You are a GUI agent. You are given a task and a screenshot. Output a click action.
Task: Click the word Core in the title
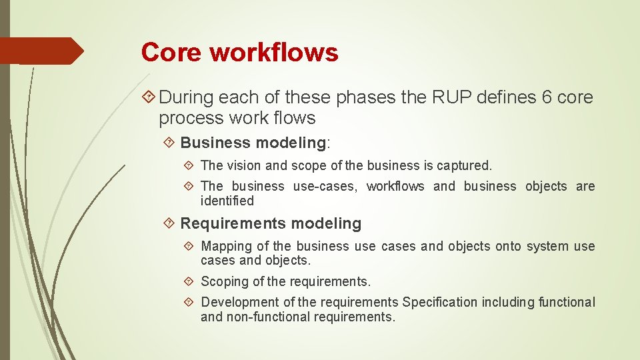pos(170,52)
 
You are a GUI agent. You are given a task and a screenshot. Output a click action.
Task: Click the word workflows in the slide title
pos(274,52)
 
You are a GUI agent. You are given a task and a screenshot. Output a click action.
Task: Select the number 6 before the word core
pos(547,97)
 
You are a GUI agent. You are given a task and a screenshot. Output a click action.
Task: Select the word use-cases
pos(325,187)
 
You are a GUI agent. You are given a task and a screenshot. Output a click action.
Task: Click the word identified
pos(227,201)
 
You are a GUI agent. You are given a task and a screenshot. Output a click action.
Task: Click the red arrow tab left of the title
pos(41,51)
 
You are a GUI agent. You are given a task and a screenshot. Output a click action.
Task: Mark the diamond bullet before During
pos(149,97)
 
